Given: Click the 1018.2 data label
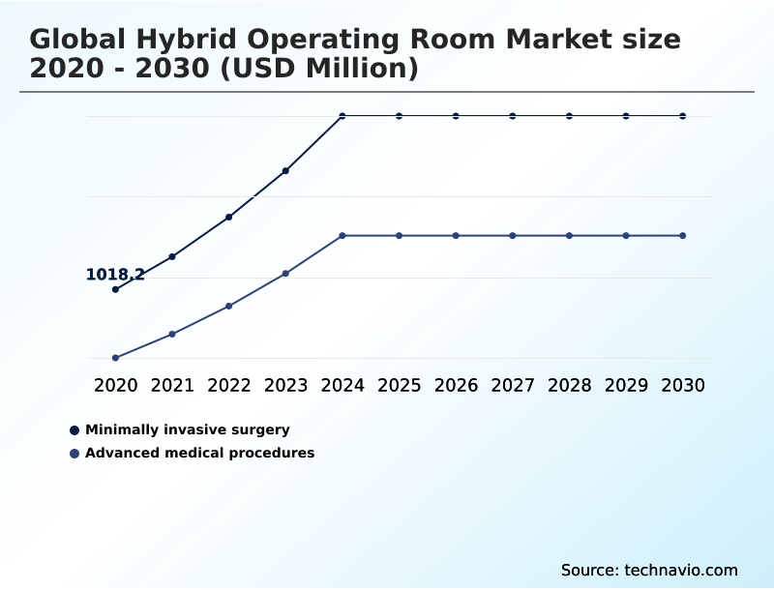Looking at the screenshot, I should [115, 275].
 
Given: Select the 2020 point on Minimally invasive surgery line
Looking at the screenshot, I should [115, 289].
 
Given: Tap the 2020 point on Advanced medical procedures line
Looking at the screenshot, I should [115, 358].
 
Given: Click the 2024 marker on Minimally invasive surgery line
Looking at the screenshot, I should [342, 116].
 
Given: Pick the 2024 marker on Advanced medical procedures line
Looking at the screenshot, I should [342, 236].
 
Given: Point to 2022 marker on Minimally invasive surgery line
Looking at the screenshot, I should [229, 217].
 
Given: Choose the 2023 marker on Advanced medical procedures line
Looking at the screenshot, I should [285, 274].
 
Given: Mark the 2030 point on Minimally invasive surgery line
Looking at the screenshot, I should [683, 116].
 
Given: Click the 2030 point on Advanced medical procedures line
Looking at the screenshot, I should [683, 236].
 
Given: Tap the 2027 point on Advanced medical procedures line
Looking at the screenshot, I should [513, 236].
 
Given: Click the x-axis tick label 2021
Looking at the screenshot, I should [172, 385].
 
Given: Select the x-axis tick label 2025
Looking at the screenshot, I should [399, 385].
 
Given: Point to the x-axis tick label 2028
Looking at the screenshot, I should [569, 385].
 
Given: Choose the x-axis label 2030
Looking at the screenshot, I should [683, 385].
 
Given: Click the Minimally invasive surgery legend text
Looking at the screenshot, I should [187, 429].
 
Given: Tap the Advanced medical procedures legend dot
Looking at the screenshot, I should [74, 454].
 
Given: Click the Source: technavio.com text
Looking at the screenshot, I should [649, 570].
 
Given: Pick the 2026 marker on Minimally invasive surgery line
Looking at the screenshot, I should [456, 116].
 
